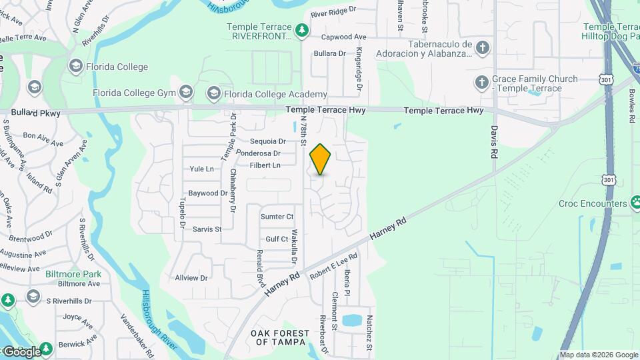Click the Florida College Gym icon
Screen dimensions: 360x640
(187, 93)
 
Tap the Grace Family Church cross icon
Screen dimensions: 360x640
(482, 83)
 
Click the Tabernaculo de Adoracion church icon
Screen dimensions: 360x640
(482, 48)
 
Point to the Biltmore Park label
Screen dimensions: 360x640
(73, 274)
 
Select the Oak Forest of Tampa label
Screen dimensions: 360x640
(280, 337)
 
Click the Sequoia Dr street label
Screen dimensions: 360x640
(267, 141)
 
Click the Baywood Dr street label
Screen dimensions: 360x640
(208, 193)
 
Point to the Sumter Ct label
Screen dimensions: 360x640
(277, 217)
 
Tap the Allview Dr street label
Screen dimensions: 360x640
(191, 278)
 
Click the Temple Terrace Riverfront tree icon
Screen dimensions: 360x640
(301, 30)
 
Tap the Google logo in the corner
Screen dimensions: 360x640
(21, 351)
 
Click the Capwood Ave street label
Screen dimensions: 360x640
(344, 37)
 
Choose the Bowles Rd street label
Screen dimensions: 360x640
(631, 106)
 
